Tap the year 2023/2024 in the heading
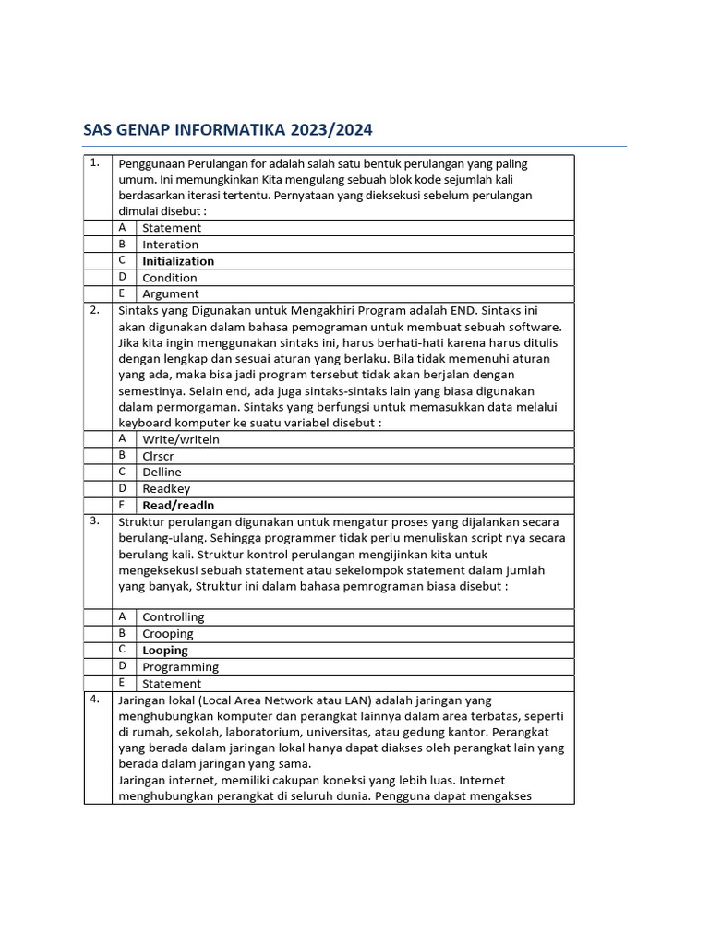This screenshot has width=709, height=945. pyautogui.click(x=337, y=129)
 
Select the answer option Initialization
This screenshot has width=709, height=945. pyautogui.click(x=178, y=261)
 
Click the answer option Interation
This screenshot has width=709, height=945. pyautogui.click(x=170, y=245)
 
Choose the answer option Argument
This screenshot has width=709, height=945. pyautogui.click(x=170, y=294)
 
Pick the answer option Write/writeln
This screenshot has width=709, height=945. pyautogui.click(x=181, y=439)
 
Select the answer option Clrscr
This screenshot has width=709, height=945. pyautogui.click(x=158, y=456)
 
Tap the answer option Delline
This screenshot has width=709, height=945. pyautogui.click(x=162, y=472)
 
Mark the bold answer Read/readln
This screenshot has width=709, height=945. pyautogui.click(x=178, y=506)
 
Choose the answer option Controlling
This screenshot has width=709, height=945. pyautogui.click(x=174, y=617)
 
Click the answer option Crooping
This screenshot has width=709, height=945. pyautogui.click(x=168, y=634)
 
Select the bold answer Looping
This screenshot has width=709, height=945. pyautogui.click(x=165, y=651)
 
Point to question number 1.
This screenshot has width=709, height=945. pyautogui.click(x=94, y=163)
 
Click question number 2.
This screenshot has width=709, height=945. pyautogui.click(x=94, y=310)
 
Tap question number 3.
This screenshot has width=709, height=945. pyautogui.click(x=94, y=520)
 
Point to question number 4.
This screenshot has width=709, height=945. pyautogui.click(x=94, y=699)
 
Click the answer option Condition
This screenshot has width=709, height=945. pyautogui.click(x=170, y=278)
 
